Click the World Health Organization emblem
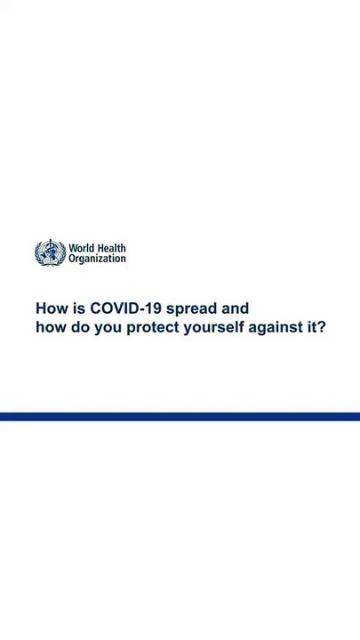50,252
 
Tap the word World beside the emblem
81,248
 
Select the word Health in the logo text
111,248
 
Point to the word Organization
97,259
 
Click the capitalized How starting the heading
52,308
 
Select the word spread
192,309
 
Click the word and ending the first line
235,308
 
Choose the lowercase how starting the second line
51,327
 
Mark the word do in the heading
80,327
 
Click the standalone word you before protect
108,329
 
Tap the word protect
153,328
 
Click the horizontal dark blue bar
180,416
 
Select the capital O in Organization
72,259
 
